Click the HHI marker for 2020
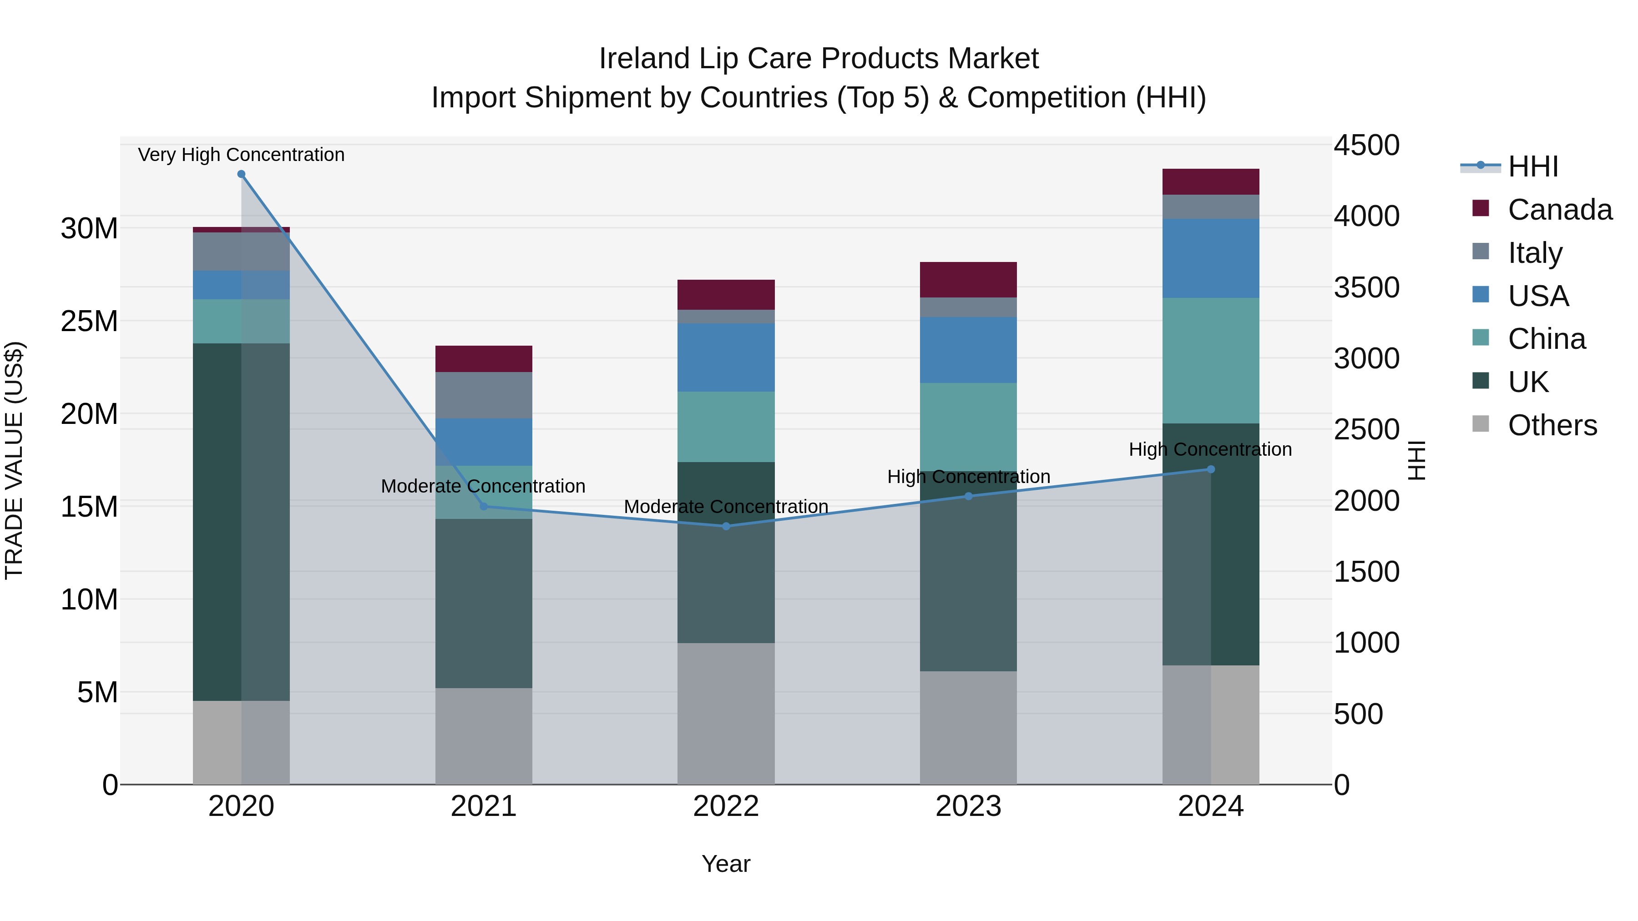point(241,174)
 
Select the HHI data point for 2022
point(726,526)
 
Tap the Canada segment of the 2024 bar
point(1211,182)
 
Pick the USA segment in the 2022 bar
point(726,357)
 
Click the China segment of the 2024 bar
point(1211,360)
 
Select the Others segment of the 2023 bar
point(968,728)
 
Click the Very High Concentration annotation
point(241,155)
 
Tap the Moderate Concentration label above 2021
point(483,486)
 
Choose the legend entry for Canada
point(1560,210)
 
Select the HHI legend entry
point(1532,166)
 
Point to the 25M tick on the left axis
point(89,322)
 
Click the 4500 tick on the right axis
point(1366,146)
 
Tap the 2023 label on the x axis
point(968,806)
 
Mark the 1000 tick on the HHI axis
point(1366,643)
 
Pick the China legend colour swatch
point(1481,338)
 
